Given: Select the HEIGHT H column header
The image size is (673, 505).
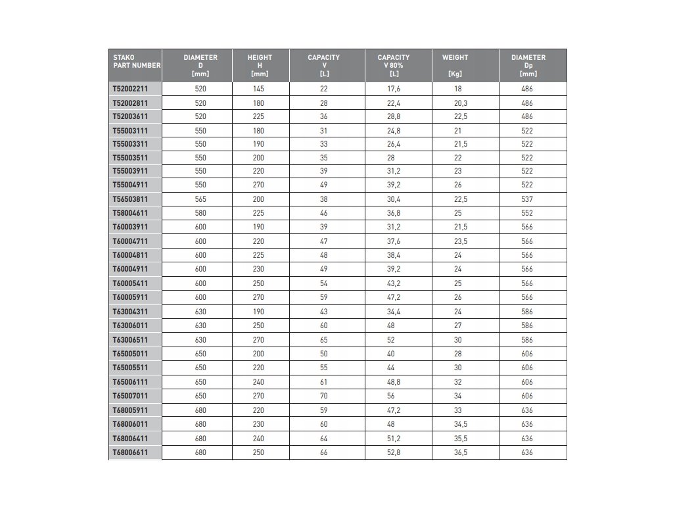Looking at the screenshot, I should [260, 65].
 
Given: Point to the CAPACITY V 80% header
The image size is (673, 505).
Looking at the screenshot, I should [393, 65].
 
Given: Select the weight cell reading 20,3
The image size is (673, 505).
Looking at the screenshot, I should [460, 103].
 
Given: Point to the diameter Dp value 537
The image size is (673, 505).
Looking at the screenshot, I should [526, 199].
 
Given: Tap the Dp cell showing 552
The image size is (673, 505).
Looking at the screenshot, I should [526, 213].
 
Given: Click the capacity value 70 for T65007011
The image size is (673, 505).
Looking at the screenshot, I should [323, 397].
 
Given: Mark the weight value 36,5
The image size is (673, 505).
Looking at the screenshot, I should [460, 452].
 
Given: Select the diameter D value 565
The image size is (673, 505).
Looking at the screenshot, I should [200, 199].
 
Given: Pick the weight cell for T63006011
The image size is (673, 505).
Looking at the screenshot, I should [457, 324].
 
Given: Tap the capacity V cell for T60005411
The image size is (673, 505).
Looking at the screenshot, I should [323, 283].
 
